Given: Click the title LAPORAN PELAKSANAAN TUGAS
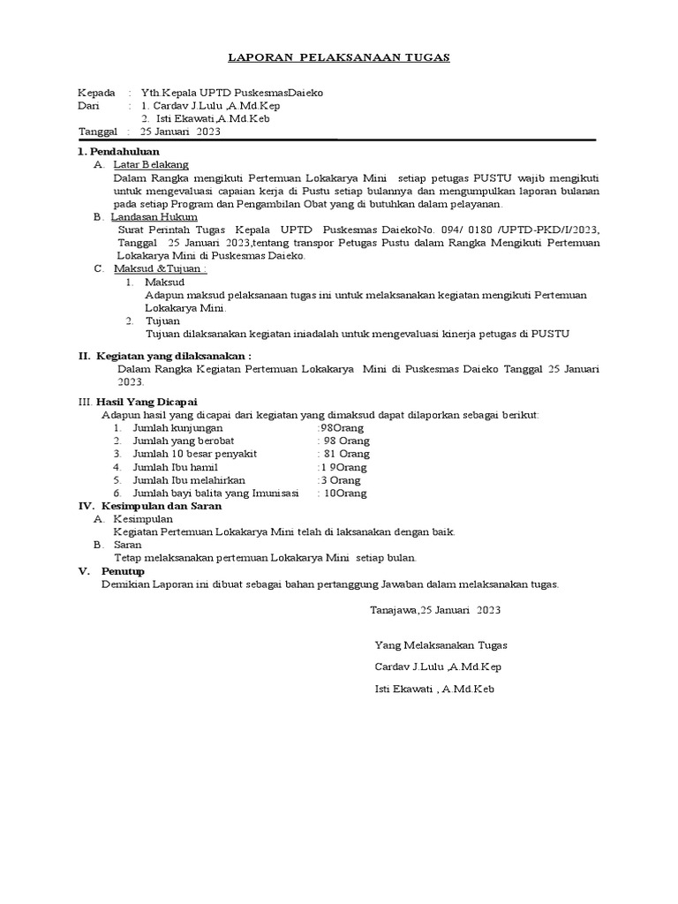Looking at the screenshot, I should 339,57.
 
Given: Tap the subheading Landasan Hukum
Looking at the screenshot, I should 154,216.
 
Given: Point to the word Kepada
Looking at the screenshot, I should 97,93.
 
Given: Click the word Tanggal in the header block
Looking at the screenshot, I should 99,132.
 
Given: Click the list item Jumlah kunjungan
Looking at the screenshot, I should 177,427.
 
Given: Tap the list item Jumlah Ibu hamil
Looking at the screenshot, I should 175,467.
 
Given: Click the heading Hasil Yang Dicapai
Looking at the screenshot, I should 147,402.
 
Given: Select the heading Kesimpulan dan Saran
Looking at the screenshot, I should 159,507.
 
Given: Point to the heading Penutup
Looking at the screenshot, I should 127,571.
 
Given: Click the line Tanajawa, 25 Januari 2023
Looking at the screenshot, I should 435,610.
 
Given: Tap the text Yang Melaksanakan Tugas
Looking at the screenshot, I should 441,645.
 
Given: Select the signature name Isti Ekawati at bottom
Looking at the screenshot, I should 433,689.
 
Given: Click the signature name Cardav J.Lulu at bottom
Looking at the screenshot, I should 439,667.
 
